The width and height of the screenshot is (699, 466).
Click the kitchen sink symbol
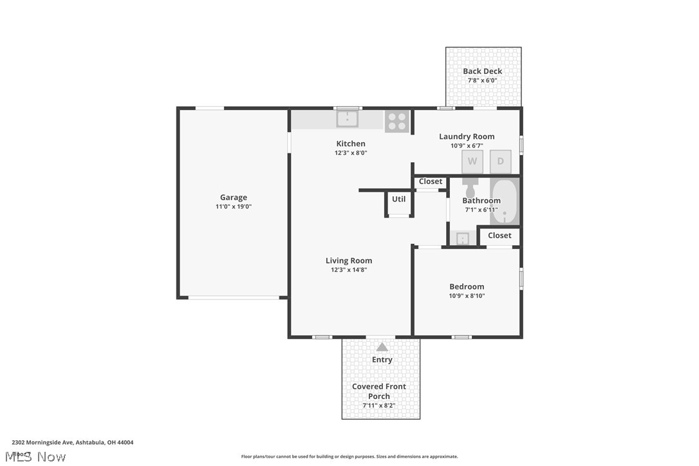point(347,119)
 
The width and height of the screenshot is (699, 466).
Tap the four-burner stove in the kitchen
point(397,121)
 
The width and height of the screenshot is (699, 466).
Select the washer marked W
point(472,162)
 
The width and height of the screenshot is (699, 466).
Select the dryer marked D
point(501,162)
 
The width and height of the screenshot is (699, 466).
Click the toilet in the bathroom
point(470,188)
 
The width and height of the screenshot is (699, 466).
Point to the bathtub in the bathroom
point(505,202)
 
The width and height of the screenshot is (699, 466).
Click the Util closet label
point(399,200)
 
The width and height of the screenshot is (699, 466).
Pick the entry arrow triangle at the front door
point(382,347)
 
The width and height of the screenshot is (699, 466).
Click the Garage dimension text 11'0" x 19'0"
point(234,207)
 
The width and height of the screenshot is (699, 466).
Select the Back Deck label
point(483,71)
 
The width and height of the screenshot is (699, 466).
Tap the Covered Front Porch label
point(379,391)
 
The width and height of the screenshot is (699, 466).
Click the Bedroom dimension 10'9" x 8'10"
point(467,296)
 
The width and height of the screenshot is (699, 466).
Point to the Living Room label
point(349,261)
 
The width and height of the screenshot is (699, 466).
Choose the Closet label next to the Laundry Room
point(431,182)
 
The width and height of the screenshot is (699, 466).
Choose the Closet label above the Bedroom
point(499,236)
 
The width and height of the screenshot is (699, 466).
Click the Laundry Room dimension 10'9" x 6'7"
point(467,145)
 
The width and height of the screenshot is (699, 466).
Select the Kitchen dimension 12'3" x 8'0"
point(351,153)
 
